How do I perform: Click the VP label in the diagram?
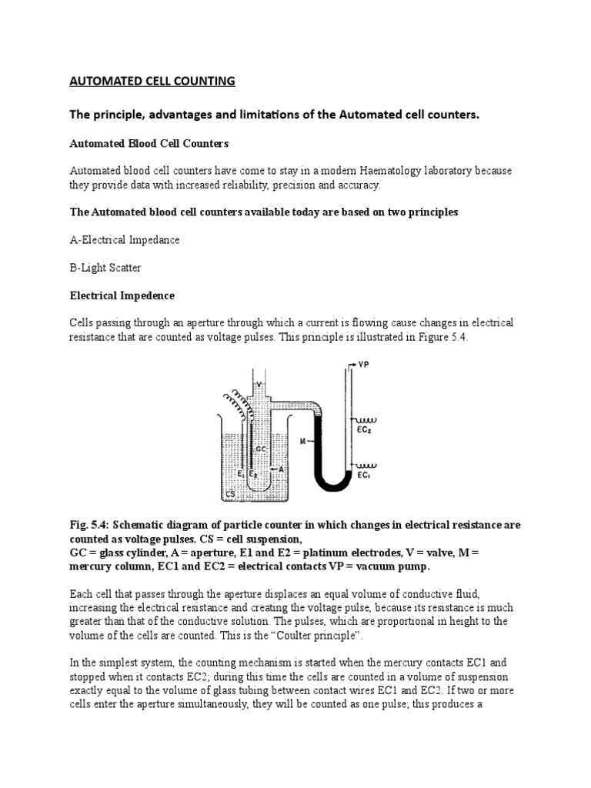tap(363, 366)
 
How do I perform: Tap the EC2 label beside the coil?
tap(362, 430)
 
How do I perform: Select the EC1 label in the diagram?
tap(361, 476)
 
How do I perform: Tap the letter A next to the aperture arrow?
tap(284, 468)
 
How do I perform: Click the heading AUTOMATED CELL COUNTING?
tap(152, 81)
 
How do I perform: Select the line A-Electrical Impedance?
tap(125, 239)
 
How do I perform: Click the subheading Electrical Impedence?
tap(122, 295)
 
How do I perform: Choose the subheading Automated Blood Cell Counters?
tap(149, 143)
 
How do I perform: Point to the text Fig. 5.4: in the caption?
tap(91, 525)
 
